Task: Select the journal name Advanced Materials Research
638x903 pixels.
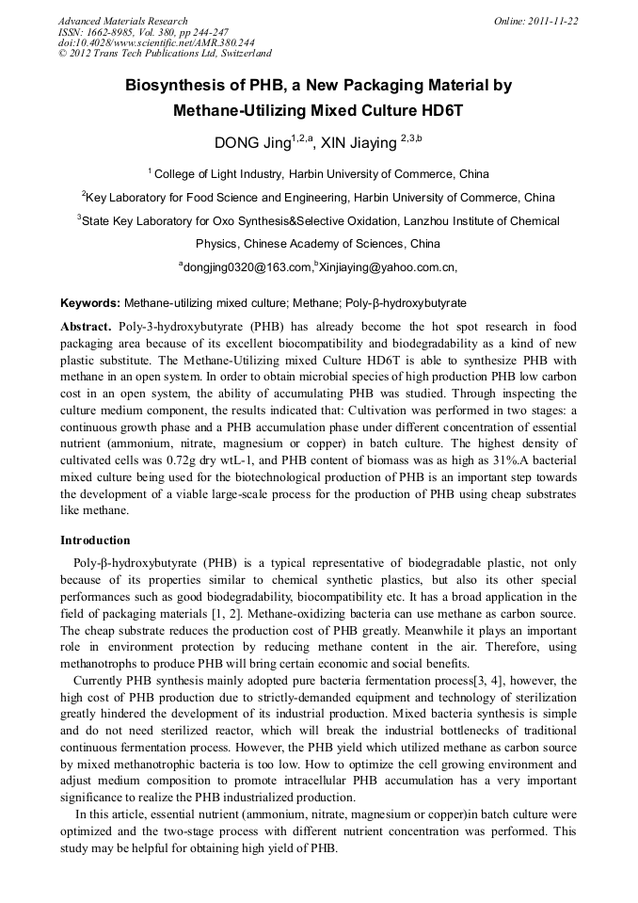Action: (x=122, y=21)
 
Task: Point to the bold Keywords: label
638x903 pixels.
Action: (x=90, y=303)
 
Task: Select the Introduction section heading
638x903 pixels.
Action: (x=95, y=540)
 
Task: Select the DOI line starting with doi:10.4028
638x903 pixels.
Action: (x=156, y=42)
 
